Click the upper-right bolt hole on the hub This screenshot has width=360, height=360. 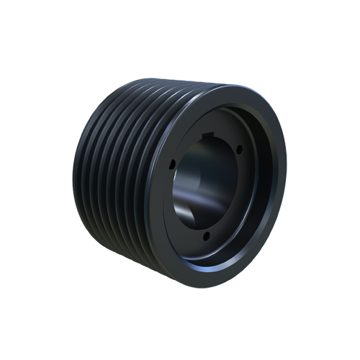coord(238,150)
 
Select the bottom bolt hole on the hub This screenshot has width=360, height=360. coord(206,235)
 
